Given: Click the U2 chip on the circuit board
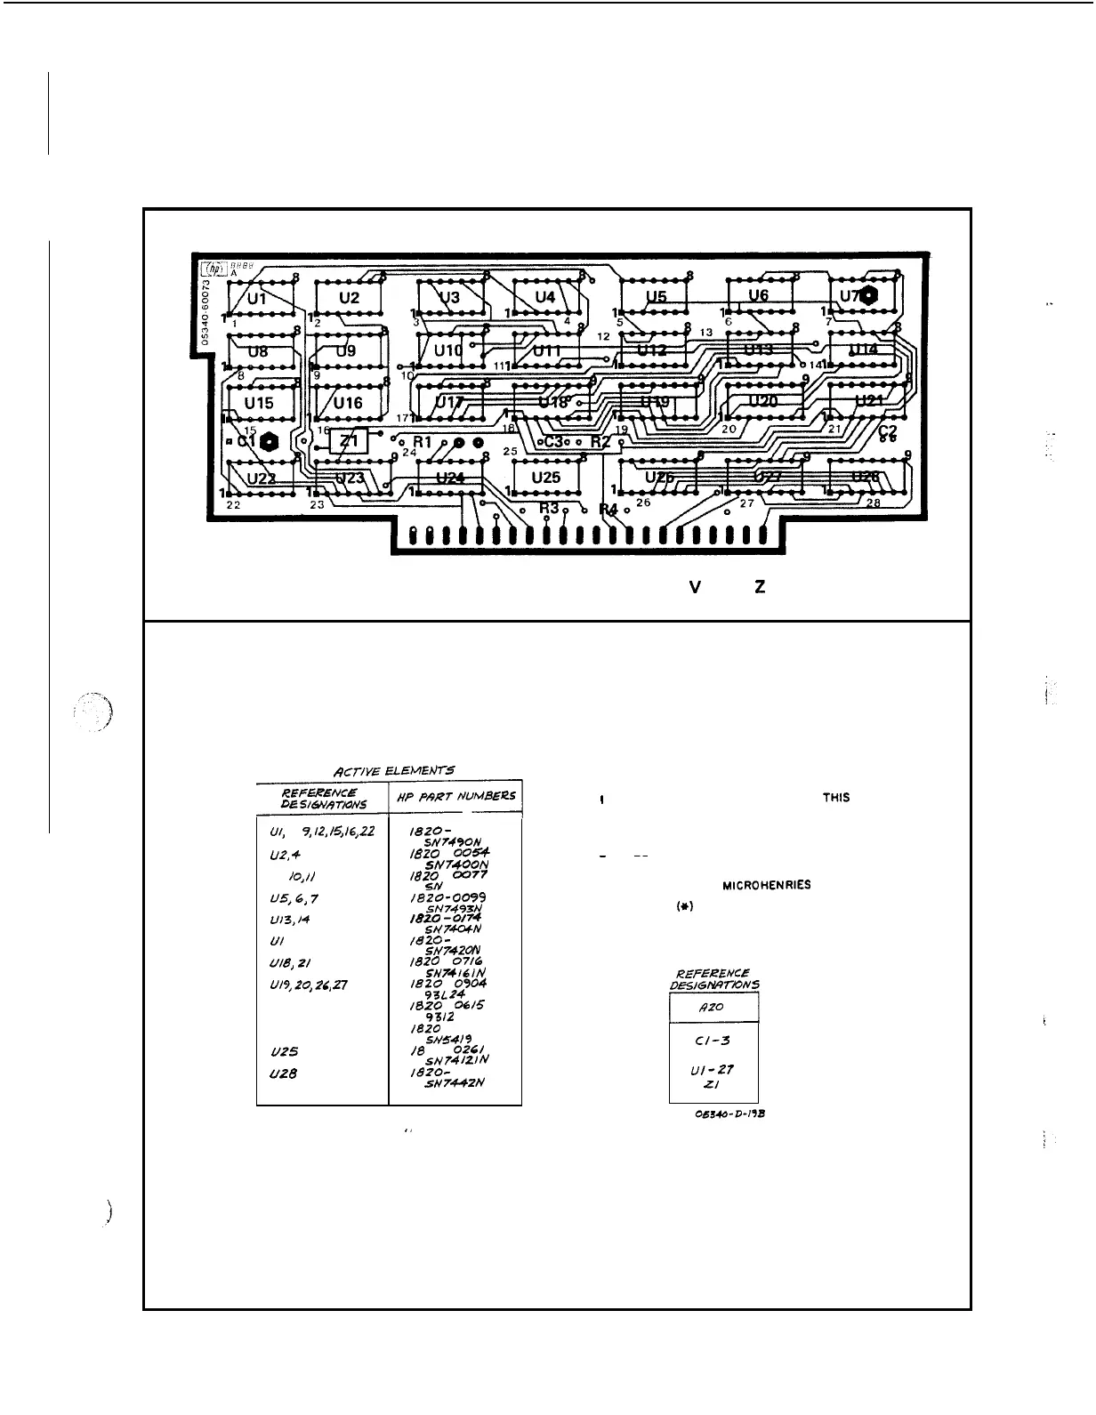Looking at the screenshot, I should (349, 298).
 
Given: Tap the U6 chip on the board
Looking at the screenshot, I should (758, 295).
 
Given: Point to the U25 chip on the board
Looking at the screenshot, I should (545, 478).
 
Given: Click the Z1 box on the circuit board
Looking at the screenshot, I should (349, 441).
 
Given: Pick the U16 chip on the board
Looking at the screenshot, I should (349, 403).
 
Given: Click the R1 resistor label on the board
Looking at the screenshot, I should (422, 442).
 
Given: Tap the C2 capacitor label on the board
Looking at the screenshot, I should (887, 431).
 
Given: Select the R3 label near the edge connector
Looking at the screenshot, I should (549, 508).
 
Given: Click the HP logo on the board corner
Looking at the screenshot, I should (212, 268).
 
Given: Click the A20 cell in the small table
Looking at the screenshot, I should (713, 1007).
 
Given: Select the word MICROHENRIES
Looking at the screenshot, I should (766, 886).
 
